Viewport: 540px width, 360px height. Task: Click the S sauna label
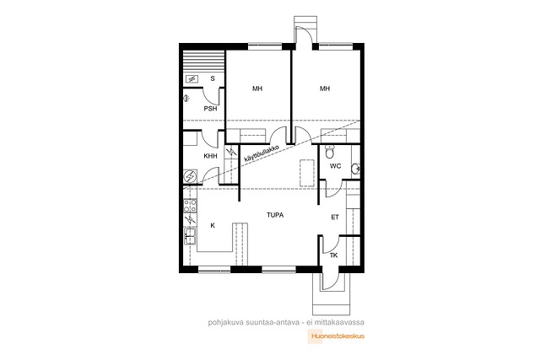(213, 78)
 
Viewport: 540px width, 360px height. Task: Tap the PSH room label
(210, 109)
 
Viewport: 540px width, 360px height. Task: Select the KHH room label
(210, 156)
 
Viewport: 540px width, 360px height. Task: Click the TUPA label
(275, 215)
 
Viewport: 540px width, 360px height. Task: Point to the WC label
(336, 166)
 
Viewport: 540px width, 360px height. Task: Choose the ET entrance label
(335, 218)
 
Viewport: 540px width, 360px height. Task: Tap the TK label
(334, 255)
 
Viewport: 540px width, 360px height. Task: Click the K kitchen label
(213, 225)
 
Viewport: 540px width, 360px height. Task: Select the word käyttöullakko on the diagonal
(261, 153)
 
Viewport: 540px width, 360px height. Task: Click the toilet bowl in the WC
(330, 151)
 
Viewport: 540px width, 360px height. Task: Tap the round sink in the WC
(356, 169)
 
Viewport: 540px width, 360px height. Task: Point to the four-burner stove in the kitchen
(190, 206)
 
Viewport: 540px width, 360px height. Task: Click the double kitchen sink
(190, 236)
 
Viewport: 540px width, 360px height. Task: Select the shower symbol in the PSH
(186, 99)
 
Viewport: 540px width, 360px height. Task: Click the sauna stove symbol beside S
(192, 79)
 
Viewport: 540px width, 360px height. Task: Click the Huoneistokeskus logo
(336, 336)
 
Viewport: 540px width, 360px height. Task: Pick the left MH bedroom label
(257, 89)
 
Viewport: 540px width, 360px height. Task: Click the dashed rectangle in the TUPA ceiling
(307, 173)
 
